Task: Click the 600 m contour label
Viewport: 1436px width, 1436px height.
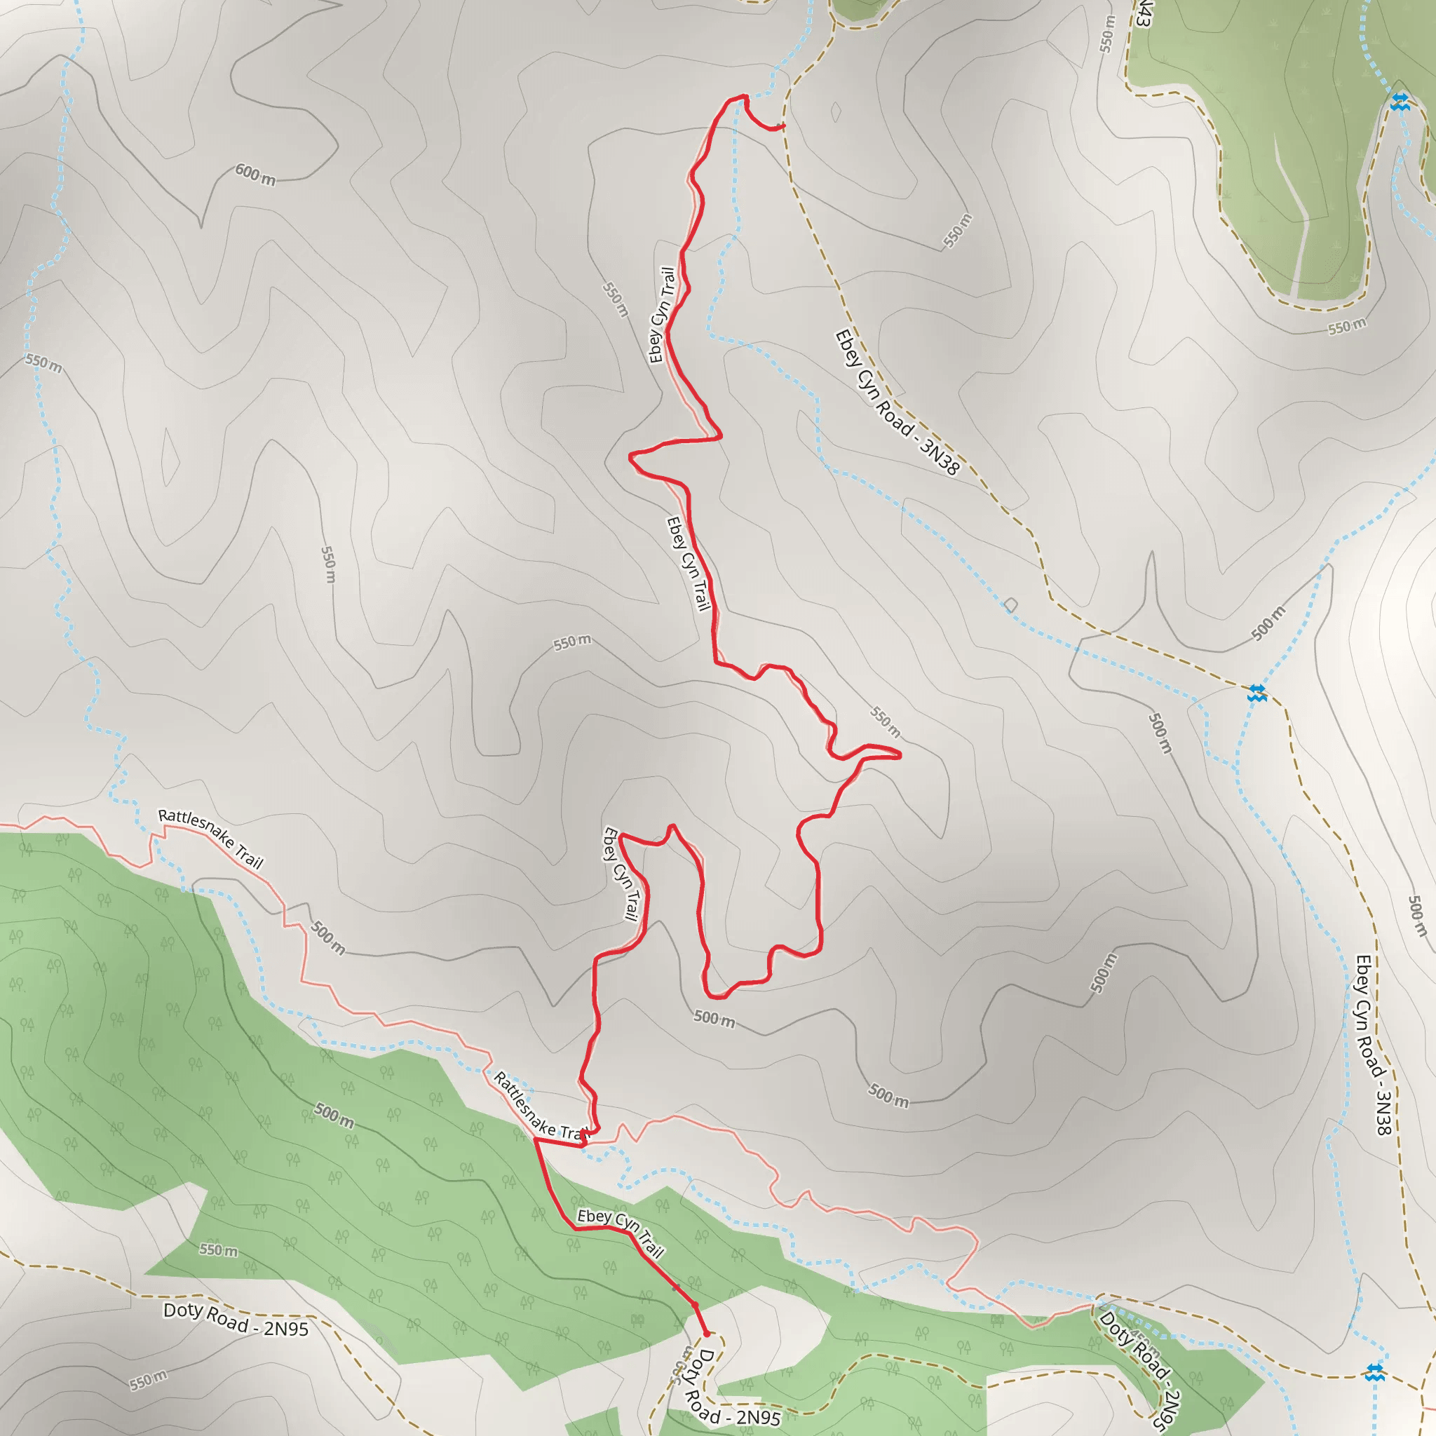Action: click(255, 175)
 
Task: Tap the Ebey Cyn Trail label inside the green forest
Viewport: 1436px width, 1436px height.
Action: click(621, 1233)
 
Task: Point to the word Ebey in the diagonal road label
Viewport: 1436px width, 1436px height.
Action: click(846, 347)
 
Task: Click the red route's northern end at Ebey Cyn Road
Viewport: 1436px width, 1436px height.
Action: click(780, 126)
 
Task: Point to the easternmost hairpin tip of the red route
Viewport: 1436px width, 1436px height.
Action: click(900, 755)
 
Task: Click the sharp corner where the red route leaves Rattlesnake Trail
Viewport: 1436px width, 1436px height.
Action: click(535, 1139)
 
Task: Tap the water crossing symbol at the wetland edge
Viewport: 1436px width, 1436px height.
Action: click(1400, 102)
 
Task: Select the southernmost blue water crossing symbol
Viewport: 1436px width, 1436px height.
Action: click(1375, 1372)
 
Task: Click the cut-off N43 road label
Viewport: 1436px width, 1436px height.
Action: click(1143, 13)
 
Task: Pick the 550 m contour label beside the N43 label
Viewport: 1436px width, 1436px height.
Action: click(1107, 34)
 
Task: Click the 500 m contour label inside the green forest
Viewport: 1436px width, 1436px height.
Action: click(334, 1115)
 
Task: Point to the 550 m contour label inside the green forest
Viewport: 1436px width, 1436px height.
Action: click(219, 1250)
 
